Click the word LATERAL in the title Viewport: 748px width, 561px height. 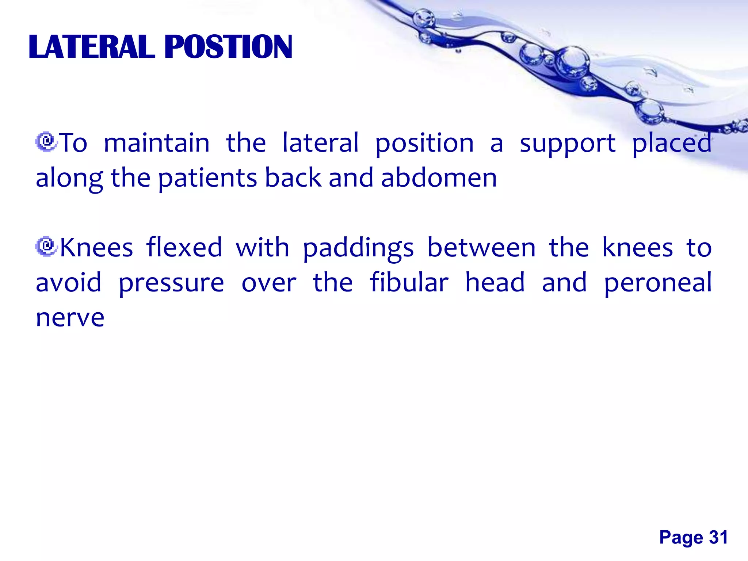tap(92, 47)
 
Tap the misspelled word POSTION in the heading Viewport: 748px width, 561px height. tap(229, 47)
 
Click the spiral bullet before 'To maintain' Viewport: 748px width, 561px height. tap(46, 142)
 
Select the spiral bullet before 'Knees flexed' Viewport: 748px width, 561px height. tap(46, 247)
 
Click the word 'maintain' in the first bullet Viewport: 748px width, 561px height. tap(157, 143)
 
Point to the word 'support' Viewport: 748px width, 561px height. tap(568, 144)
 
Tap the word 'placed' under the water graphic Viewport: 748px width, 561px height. tap(672, 144)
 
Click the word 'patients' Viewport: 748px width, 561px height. tap(207, 179)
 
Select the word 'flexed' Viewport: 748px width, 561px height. tap(184, 247)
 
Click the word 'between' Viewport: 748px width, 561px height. tap(481, 247)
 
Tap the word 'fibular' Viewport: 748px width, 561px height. tap(409, 282)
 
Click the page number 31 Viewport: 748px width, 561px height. tap(718, 538)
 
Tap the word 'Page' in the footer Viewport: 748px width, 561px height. tap(681, 538)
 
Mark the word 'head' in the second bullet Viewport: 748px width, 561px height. tap(495, 282)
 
